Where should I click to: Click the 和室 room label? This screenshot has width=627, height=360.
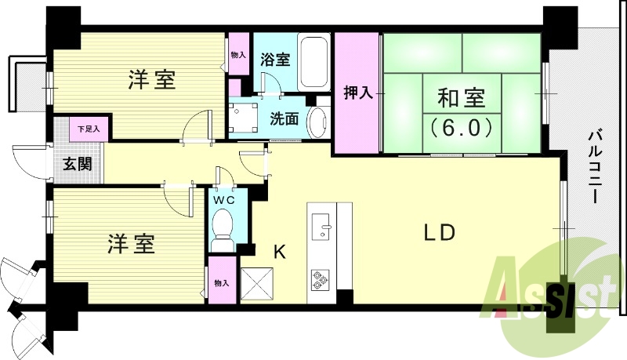(x=461, y=99)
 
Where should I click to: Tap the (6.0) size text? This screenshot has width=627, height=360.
(x=461, y=125)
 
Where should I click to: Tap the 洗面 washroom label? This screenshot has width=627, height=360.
(x=284, y=119)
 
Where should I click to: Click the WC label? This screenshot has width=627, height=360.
(x=225, y=199)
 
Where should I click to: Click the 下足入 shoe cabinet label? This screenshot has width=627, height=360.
(x=88, y=127)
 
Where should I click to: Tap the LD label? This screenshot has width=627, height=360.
(x=440, y=233)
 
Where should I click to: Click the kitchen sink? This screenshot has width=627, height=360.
(x=322, y=224)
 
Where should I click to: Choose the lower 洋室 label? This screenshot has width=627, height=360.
(x=131, y=244)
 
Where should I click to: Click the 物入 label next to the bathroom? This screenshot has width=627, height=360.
(x=238, y=56)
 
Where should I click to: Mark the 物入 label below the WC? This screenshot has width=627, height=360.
(x=220, y=283)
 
